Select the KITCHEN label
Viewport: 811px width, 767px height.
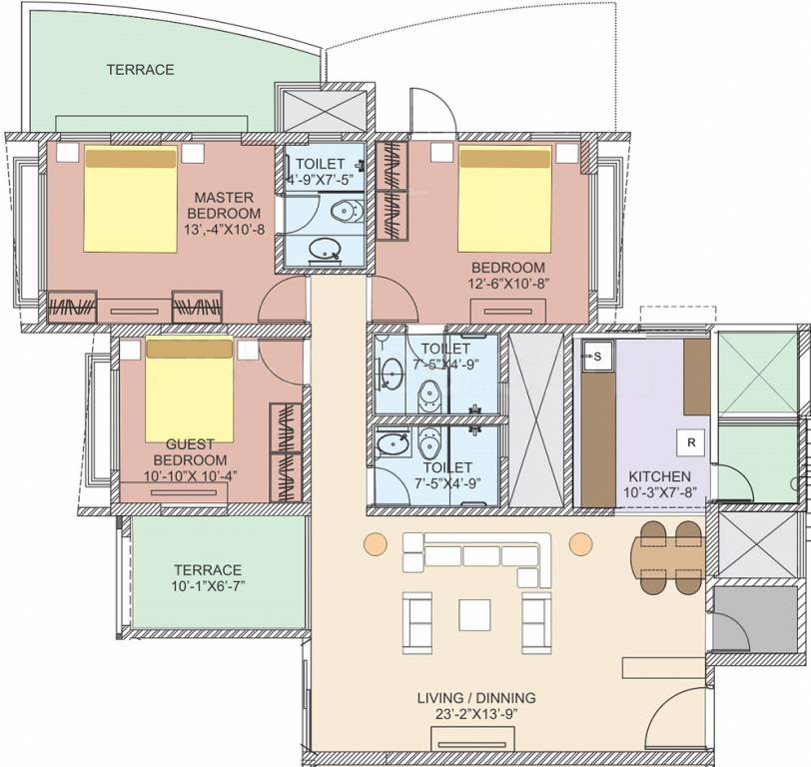click(x=654, y=475)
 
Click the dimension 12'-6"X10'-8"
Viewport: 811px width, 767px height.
click(x=507, y=283)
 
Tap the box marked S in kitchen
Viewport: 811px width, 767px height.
click(x=596, y=355)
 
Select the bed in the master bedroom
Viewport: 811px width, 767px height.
click(x=131, y=199)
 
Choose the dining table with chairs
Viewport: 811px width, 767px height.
click(x=667, y=556)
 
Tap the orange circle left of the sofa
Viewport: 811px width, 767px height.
click(x=374, y=543)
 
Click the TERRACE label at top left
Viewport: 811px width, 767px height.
click(x=141, y=70)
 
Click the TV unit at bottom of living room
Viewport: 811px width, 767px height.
click(x=470, y=737)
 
